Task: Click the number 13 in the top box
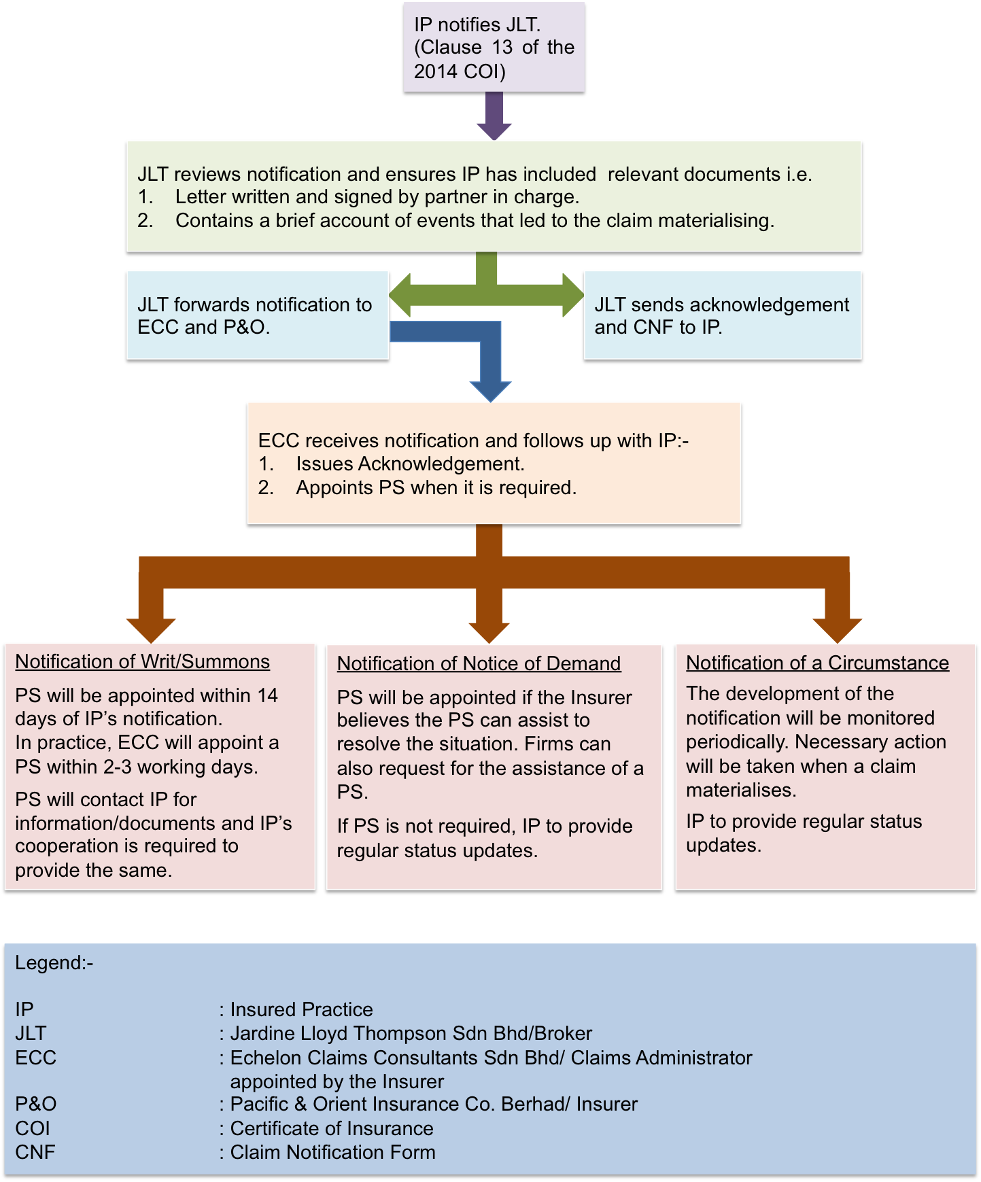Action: (x=502, y=48)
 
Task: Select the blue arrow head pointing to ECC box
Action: (x=490, y=390)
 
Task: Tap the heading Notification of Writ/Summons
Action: (x=142, y=661)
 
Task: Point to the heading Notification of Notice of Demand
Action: (x=479, y=663)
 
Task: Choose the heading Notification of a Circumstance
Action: (x=817, y=663)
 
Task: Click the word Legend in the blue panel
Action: (x=50, y=963)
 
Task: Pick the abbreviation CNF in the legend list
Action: (x=35, y=1152)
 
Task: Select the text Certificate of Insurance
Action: (x=332, y=1128)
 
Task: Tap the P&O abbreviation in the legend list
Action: (x=35, y=1104)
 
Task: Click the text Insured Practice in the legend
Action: (x=301, y=1009)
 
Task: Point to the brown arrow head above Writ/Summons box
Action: (x=151, y=629)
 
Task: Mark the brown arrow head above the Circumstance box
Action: (x=838, y=629)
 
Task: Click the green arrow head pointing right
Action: (x=573, y=295)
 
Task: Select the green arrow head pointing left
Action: (x=400, y=295)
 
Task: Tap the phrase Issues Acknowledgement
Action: (x=410, y=464)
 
